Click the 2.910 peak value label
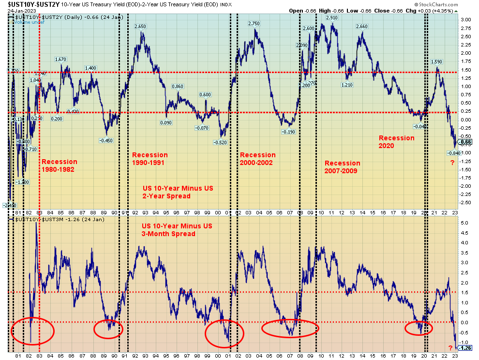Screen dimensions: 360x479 [x=331, y=18]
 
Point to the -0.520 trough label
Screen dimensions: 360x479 [x=220, y=142]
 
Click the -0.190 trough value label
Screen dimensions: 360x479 [x=288, y=132]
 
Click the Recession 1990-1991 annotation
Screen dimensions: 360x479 [x=150, y=159]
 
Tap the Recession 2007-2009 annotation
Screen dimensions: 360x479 [x=343, y=166]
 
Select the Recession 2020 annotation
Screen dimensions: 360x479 [x=396, y=141]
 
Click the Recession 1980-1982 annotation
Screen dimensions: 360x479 [x=60, y=165]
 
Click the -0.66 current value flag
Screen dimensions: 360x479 [x=465, y=142]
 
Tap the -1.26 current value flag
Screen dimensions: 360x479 [x=465, y=347]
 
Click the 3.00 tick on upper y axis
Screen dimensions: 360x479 [x=465, y=20]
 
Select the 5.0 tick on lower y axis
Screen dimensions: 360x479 [x=464, y=223]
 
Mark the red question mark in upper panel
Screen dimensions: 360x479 [x=452, y=163]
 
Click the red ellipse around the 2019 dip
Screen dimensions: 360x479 [x=419, y=328]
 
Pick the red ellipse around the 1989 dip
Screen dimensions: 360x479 [x=108, y=329]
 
